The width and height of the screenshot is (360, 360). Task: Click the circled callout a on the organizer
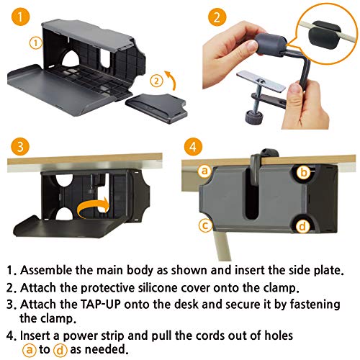click(x=204, y=171)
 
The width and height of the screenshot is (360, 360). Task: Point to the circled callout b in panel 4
click(x=305, y=172)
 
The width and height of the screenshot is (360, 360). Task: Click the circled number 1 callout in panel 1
click(x=32, y=42)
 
